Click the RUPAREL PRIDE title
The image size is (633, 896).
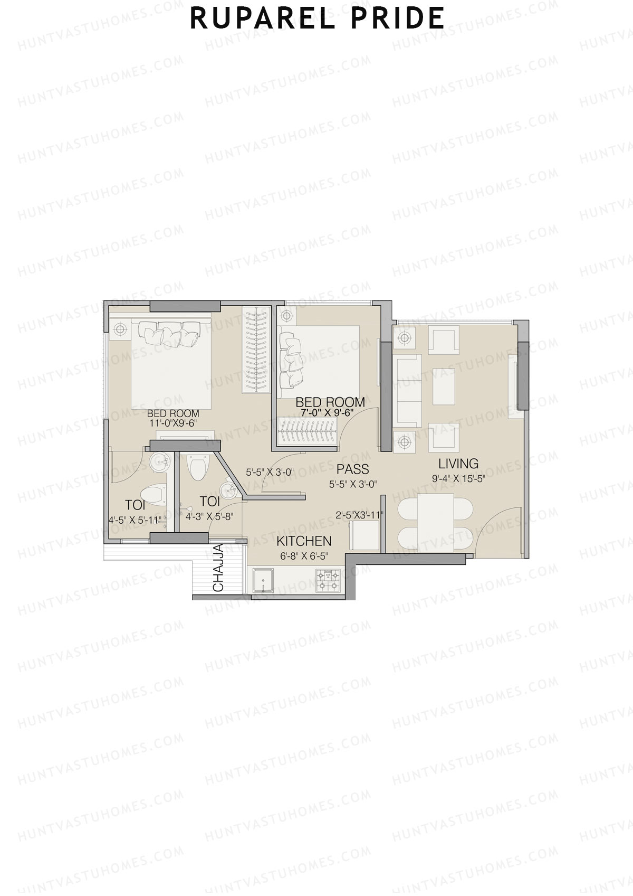(317, 18)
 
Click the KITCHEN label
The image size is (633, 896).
(304, 541)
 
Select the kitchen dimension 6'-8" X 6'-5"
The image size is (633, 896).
(304, 555)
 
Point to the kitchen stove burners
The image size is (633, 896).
(328, 581)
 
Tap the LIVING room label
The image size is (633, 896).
(458, 464)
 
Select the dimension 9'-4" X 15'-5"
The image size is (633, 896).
(458, 479)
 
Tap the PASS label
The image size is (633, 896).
(352, 469)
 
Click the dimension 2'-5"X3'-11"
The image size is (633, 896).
(359, 515)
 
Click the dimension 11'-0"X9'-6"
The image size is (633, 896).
(173, 423)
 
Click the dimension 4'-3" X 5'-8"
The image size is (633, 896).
(209, 517)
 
